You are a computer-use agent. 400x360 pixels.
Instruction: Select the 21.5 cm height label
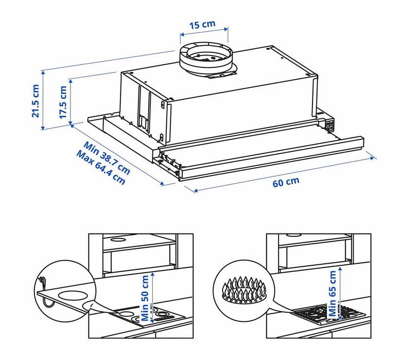tap(35, 101)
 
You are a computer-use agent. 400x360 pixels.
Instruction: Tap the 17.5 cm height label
tap(63, 102)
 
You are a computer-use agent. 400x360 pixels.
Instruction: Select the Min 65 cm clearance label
tap(333, 294)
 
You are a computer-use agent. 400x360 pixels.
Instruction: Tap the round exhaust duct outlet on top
tap(205, 58)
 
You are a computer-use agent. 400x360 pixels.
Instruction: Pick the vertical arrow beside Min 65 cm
tap(340, 294)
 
